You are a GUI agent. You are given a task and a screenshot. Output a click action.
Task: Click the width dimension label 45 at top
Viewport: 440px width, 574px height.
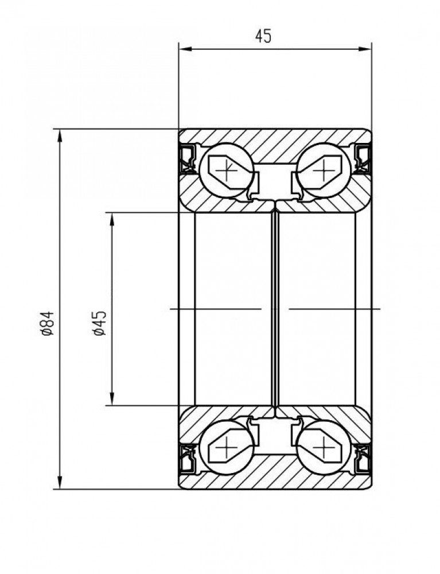click(x=263, y=36)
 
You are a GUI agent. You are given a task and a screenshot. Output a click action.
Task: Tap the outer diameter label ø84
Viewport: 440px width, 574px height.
click(x=48, y=323)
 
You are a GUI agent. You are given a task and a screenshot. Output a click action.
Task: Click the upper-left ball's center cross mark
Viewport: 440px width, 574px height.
click(x=228, y=170)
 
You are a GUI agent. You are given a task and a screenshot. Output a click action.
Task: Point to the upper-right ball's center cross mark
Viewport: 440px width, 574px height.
click(x=325, y=170)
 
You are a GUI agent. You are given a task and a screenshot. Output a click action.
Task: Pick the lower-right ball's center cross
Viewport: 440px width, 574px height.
click(x=325, y=447)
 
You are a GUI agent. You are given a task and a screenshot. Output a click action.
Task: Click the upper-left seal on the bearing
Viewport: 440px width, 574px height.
click(x=188, y=158)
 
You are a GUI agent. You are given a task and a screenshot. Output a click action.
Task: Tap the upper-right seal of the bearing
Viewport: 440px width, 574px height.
click(x=363, y=158)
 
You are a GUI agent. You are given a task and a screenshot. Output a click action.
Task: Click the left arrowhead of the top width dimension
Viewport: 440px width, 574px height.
click(x=185, y=49)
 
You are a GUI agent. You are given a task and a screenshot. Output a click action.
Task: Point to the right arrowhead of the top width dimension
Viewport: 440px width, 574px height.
click(x=365, y=49)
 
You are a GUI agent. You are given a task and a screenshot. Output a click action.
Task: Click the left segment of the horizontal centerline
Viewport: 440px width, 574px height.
click(x=216, y=309)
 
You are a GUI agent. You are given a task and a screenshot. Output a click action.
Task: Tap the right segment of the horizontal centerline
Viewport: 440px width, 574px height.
click(x=334, y=309)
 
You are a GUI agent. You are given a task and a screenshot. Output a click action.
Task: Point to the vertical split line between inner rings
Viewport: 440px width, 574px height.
click(x=275, y=309)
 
